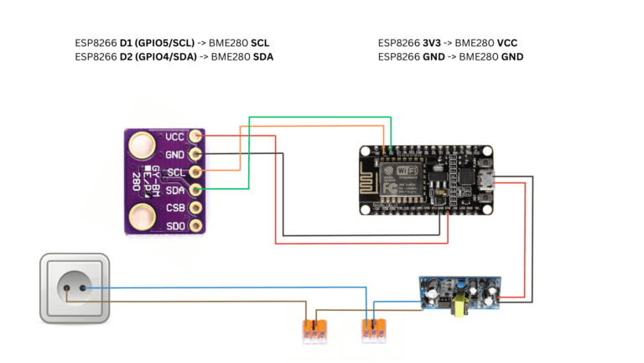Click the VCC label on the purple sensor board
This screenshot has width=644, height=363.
[x=175, y=137]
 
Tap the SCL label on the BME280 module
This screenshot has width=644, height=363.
[x=175, y=172]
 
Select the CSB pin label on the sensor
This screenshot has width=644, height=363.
[x=175, y=208]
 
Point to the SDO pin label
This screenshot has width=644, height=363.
[x=175, y=225]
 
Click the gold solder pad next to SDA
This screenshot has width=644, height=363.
[x=195, y=190]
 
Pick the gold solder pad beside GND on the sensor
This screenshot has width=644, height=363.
[x=195, y=155]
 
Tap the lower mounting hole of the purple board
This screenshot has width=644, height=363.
[x=143, y=218]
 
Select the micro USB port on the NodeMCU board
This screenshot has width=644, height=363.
[x=489, y=179]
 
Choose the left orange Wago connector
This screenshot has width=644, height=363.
[x=315, y=330]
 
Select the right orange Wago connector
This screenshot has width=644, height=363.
[x=374, y=330]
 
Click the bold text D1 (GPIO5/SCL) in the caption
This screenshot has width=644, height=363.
[x=158, y=43]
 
